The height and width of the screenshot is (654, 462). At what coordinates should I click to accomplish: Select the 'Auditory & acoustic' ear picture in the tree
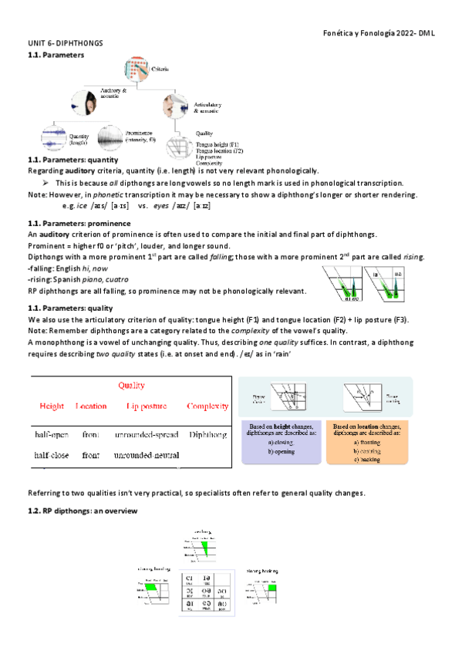coord(85,103)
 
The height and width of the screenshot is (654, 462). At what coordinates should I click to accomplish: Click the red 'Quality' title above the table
coord(130,386)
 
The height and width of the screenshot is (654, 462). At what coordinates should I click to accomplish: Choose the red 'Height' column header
coord(51,406)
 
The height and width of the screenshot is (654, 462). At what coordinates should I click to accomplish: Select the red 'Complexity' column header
coord(207,406)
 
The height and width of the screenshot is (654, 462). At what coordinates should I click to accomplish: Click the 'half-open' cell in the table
coord(52,435)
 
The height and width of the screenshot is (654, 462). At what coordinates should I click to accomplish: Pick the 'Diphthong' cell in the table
coord(207,435)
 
